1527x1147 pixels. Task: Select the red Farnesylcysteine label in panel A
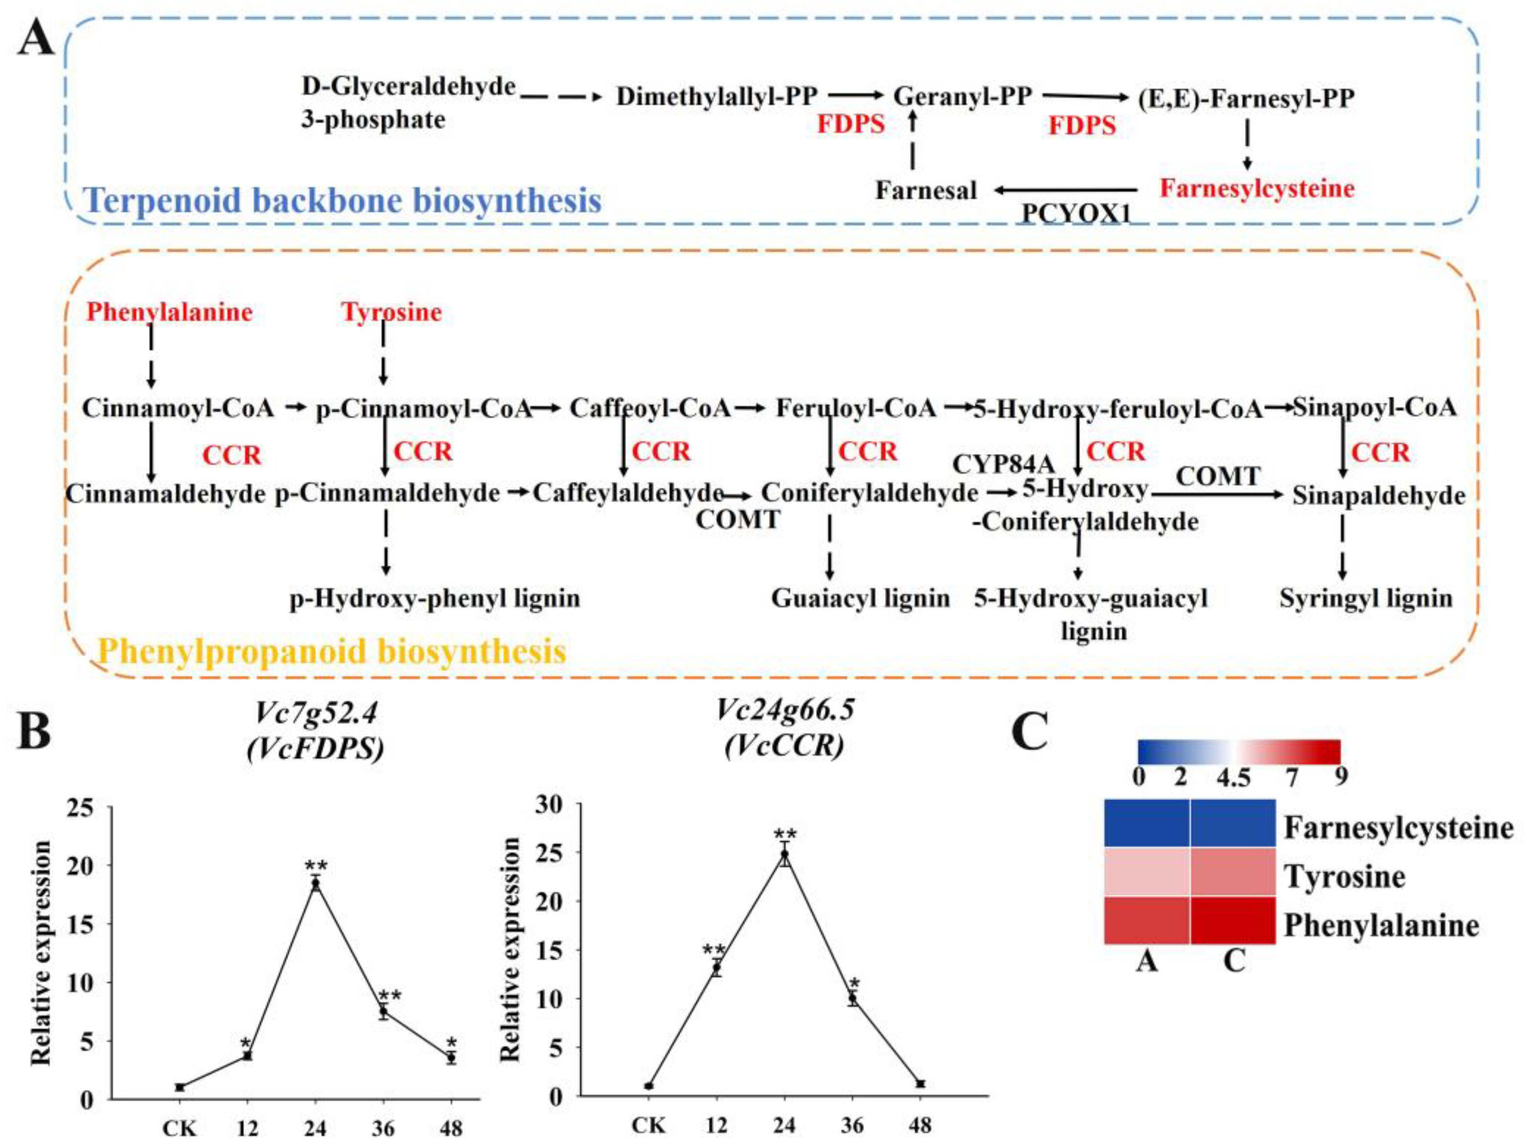[1257, 188]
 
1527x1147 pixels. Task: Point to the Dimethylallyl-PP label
[717, 97]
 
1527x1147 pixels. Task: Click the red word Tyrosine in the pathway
[391, 312]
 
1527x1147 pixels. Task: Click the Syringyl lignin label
[1366, 598]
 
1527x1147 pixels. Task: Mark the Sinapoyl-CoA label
[1374, 407]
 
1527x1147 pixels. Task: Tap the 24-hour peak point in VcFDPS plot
[315, 883]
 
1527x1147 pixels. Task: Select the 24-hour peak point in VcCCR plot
[784, 854]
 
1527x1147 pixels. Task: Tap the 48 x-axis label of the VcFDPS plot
[451, 1128]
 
